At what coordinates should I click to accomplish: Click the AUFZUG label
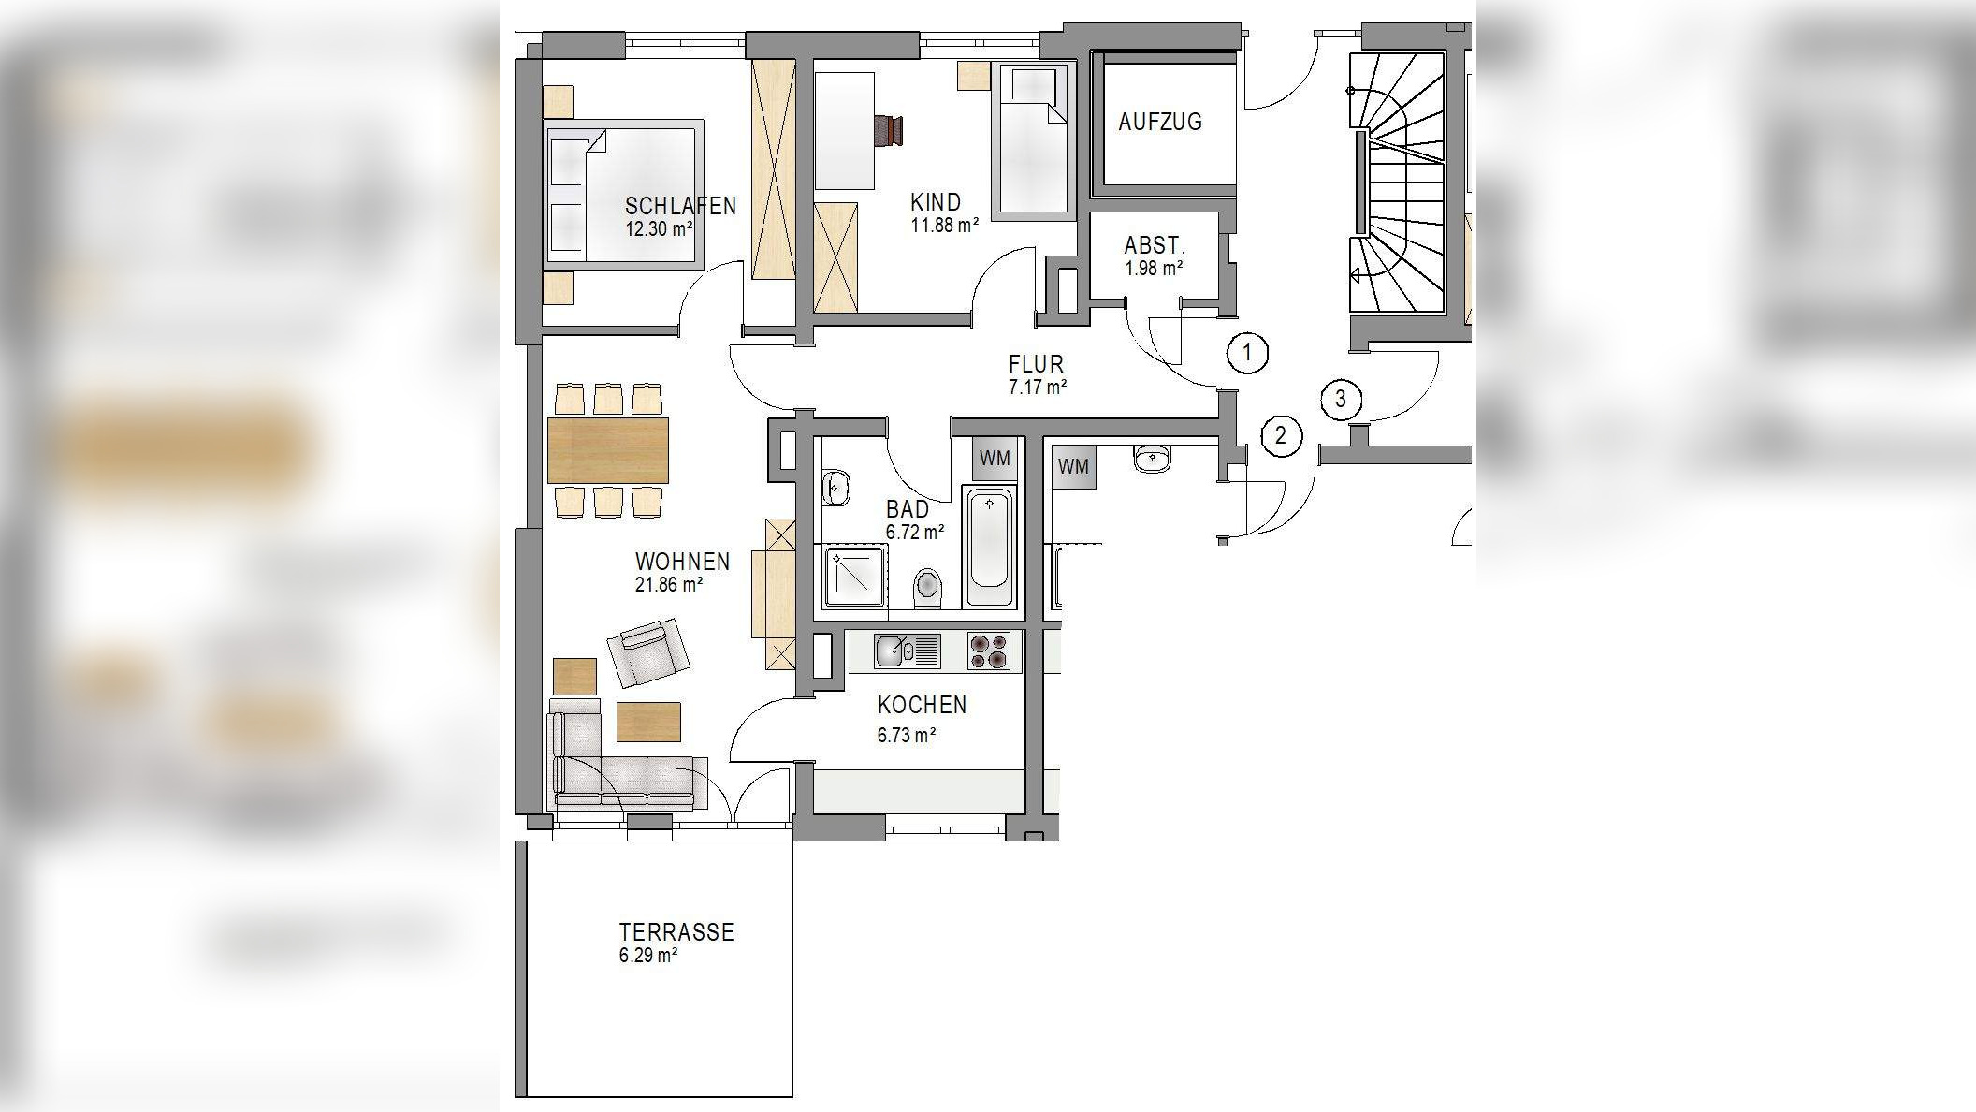click(x=1160, y=122)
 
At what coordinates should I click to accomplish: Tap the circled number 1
click(x=1247, y=353)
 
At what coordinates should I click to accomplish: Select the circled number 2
click(x=1281, y=436)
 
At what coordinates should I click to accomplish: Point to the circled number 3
click(x=1341, y=400)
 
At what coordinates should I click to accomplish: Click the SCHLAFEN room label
click(x=680, y=206)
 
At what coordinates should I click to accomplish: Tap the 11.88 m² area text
click(x=945, y=225)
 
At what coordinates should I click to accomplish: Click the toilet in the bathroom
click(x=927, y=587)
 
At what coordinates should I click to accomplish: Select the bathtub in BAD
click(x=989, y=548)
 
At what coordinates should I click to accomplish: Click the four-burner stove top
click(x=989, y=651)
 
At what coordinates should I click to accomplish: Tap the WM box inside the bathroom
click(x=995, y=459)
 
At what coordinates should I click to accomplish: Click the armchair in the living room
click(x=648, y=651)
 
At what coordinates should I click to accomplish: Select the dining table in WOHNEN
click(x=608, y=450)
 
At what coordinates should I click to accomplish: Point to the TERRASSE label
click(x=676, y=932)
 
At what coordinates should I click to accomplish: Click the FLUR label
click(x=1036, y=364)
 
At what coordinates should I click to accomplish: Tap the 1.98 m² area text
click(x=1155, y=269)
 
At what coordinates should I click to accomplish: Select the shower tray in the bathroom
click(x=854, y=578)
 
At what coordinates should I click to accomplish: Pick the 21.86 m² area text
click(x=669, y=585)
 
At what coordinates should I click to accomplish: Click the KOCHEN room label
click(x=923, y=705)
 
